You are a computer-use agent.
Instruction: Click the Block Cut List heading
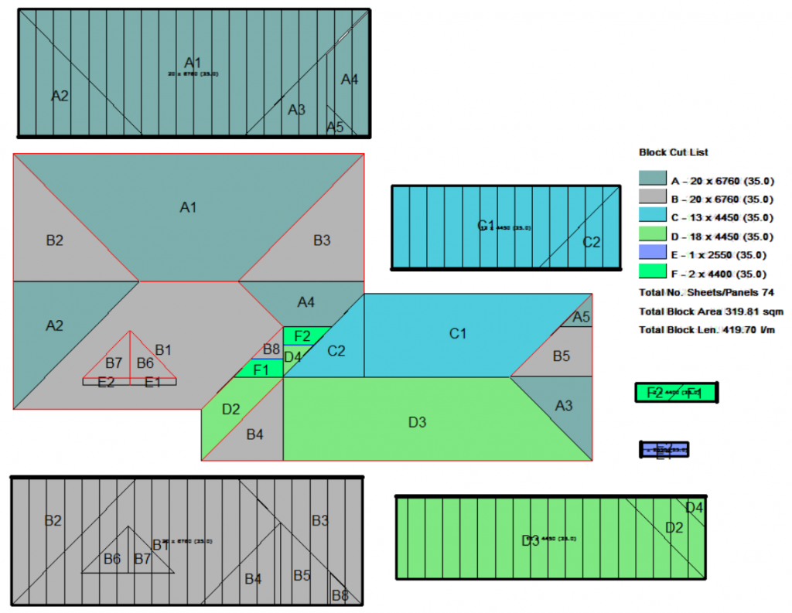673,152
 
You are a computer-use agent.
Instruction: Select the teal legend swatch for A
653,179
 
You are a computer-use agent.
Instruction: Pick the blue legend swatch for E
653,254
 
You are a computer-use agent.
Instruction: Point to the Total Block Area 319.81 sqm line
711,312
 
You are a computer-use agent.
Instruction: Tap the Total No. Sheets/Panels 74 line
706,293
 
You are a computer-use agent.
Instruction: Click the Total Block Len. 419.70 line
707,330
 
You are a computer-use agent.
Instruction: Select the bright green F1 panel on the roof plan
261,370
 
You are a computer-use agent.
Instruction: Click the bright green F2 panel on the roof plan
302,335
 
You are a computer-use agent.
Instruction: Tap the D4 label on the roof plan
292,356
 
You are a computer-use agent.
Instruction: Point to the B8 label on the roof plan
271,349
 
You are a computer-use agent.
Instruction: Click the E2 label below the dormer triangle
106,382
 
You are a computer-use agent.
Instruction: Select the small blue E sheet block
664,449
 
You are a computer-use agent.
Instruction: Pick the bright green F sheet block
676,393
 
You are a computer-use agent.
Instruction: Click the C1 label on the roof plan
459,334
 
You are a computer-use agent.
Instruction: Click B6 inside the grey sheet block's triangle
112,559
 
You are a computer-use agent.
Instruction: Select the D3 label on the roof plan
417,422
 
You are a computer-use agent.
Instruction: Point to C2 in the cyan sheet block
591,242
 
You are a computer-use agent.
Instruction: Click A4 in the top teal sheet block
350,79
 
